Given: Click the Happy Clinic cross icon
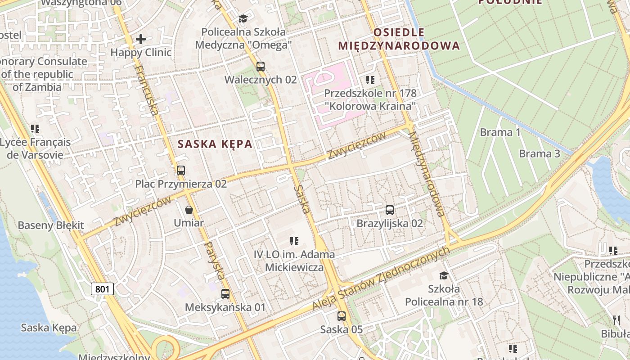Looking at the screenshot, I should coord(141,39).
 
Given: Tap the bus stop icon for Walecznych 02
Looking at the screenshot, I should coord(261,67).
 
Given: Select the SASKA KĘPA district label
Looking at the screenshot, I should coord(215,144).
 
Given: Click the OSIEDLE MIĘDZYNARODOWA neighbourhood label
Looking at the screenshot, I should coord(399,39).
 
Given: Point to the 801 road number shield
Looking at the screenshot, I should coord(103,289).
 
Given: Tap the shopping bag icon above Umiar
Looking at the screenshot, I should coord(189,210).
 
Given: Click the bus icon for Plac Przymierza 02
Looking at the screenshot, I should coord(181,171).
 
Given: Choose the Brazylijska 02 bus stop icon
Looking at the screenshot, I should coord(390,210).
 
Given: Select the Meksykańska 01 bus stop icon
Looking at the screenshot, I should coord(225,294).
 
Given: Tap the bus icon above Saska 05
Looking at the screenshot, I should coord(342,316).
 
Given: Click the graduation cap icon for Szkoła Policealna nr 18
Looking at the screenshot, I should coord(444,275).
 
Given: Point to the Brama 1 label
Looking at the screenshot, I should coord(500,132).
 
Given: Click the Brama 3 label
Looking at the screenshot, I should coord(539,154).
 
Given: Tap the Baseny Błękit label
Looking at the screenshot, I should coord(51,225).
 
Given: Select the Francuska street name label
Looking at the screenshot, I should coord(147,90).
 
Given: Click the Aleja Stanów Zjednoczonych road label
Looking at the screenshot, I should coord(381,279).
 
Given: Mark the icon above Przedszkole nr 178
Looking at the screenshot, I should coord(370,80).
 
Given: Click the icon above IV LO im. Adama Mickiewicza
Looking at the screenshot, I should coord(294,241).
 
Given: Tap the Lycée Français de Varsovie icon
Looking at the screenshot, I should coord(35,129).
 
